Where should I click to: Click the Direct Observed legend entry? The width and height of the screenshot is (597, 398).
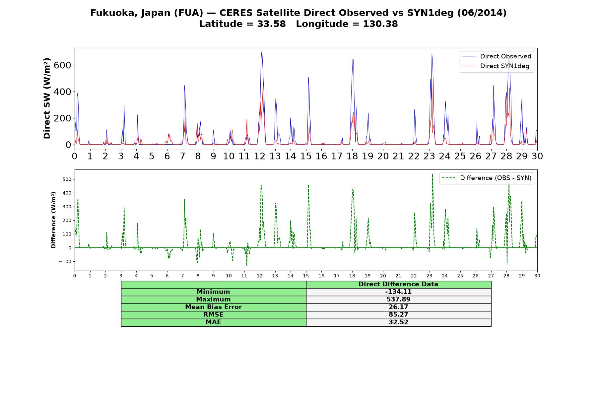tap(497, 56)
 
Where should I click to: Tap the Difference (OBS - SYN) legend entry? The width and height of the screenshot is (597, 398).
tap(487, 178)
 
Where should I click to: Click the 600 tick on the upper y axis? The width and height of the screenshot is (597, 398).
tap(62, 65)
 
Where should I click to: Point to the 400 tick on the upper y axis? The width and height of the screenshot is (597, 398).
tap(62, 92)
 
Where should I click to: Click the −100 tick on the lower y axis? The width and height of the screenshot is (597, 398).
tap(65, 261)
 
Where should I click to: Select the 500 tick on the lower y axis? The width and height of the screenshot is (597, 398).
tap(67, 179)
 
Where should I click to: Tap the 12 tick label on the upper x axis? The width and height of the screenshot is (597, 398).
tap(260, 156)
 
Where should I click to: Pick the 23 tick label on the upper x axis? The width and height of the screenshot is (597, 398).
tap(429, 156)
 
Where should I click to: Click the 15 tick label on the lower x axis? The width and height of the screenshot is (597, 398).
tap(306, 276)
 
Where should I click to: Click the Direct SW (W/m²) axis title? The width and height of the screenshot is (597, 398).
tap(47, 99)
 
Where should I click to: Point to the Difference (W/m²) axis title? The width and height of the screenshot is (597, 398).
tap(53, 220)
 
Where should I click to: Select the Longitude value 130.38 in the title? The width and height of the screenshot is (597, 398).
tap(380, 24)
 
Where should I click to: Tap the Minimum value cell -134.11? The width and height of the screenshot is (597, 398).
tap(398, 292)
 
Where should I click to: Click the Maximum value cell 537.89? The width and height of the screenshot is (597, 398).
tap(398, 299)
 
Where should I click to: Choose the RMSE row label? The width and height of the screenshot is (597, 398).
tap(213, 315)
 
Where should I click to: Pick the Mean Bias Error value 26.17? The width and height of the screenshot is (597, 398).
tap(398, 307)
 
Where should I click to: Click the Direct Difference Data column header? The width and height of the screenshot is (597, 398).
tap(398, 284)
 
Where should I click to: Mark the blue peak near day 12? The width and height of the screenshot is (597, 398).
tap(261, 52)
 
